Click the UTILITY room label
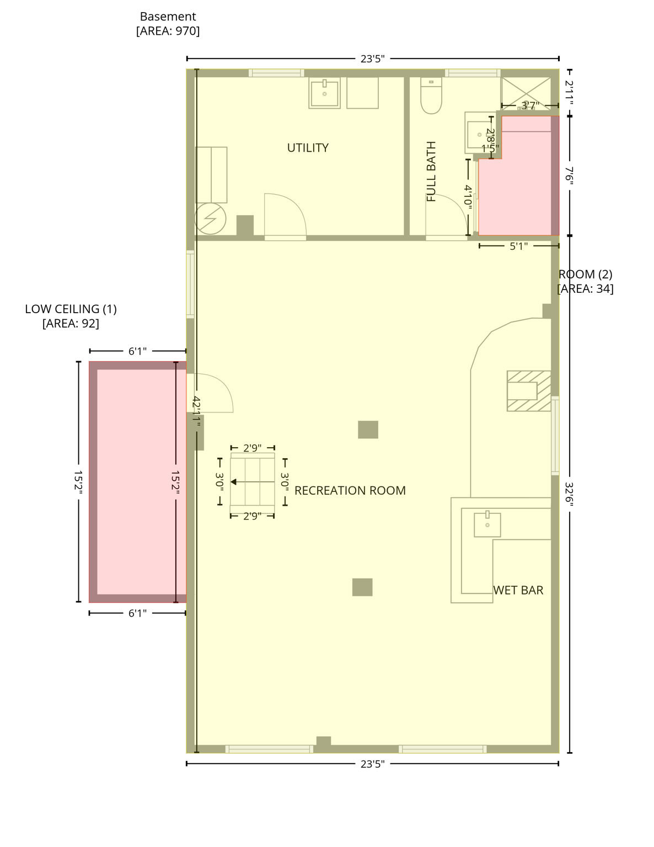pos(308,148)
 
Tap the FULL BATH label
pos(431,171)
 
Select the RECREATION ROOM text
pos(350,490)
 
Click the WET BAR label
pos(518,590)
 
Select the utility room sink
pos(324,93)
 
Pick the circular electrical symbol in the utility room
pos(210,219)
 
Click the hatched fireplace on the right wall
pos(528,391)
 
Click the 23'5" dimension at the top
pos(372,58)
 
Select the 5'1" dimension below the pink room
pos(518,246)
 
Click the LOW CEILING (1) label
pos(71,309)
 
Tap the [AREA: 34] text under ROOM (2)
pos(585,288)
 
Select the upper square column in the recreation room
pos(368,430)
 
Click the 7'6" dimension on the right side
pos(570,175)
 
